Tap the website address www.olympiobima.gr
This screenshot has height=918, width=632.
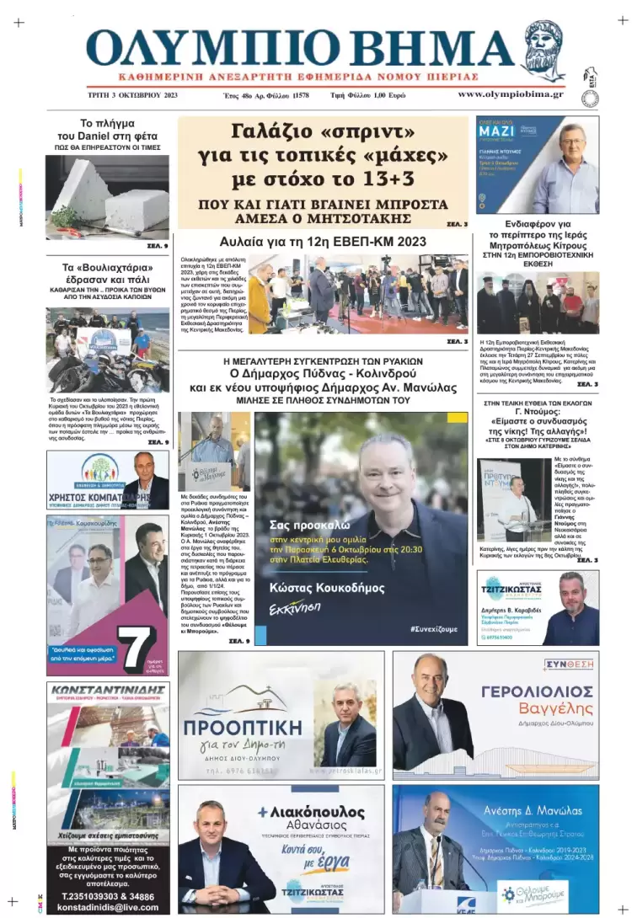pyautogui.click(x=511, y=94)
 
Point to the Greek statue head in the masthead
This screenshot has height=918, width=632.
pyautogui.click(x=544, y=50)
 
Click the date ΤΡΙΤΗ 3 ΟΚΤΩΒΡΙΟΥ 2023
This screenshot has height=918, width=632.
pyautogui.click(x=132, y=95)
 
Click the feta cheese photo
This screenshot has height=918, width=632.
pyautogui.click(x=107, y=197)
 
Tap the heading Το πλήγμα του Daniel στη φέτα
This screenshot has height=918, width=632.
pyautogui.click(x=107, y=129)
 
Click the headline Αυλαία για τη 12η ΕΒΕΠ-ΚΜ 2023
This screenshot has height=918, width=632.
pyautogui.click(x=323, y=242)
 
